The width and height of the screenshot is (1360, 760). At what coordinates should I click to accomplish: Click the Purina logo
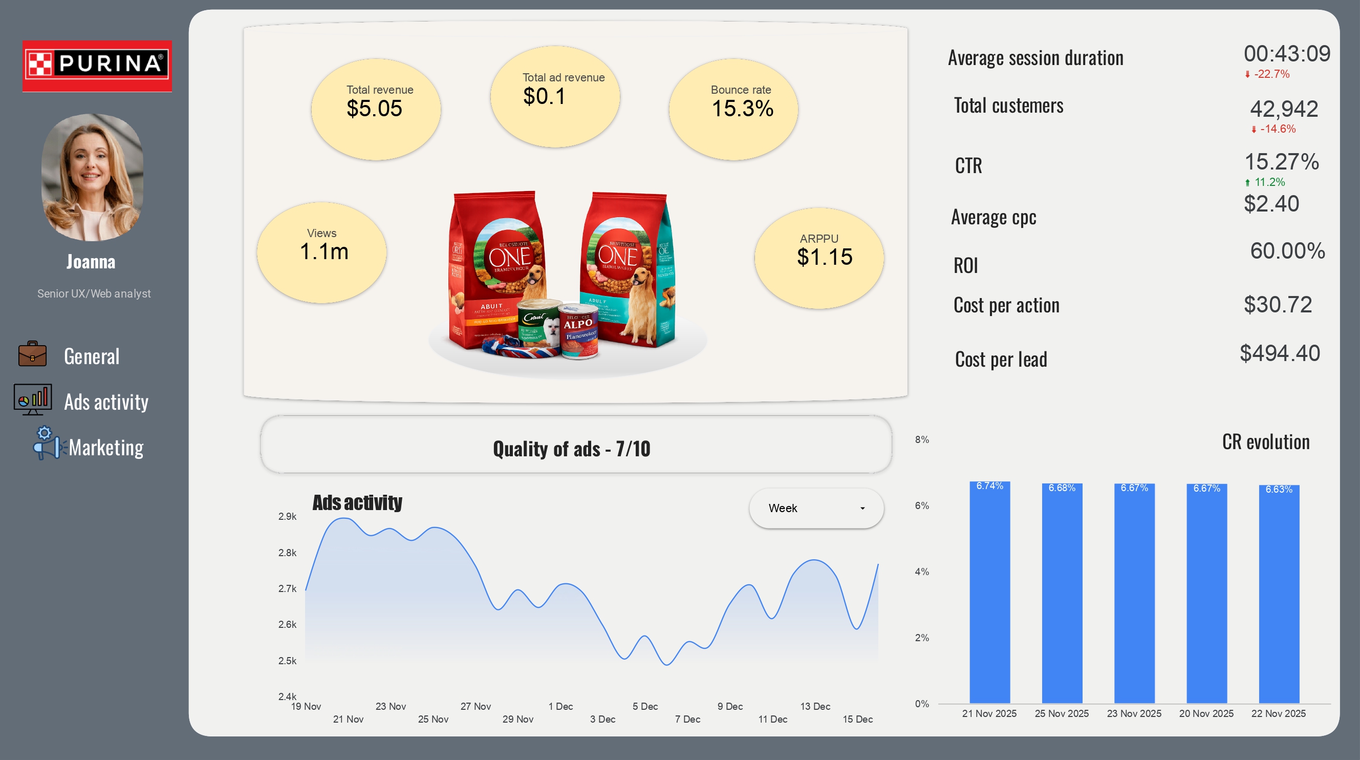(x=97, y=66)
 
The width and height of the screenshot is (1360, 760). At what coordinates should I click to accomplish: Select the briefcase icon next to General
(x=32, y=354)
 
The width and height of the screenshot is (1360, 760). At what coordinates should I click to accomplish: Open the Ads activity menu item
(x=105, y=402)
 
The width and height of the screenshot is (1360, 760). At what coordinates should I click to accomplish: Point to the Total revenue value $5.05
(x=374, y=109)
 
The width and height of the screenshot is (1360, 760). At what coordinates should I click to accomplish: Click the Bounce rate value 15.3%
(x=742, y=109)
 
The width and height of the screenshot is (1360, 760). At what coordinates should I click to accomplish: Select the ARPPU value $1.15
(x=824, y=257)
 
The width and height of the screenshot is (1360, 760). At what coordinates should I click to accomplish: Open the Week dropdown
(x=816, y=508)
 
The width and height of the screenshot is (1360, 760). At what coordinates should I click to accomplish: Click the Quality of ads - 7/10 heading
(x=571, y=449)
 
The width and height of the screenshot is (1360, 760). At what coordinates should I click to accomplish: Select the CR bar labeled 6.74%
(x=989, y=592)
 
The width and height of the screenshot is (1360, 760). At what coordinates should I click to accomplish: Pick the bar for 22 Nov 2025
(x=1279, y=594)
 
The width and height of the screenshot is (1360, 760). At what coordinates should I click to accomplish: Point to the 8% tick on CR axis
(x=922, y=439)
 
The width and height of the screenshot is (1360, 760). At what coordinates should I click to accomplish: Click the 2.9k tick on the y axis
(x=287, y=517)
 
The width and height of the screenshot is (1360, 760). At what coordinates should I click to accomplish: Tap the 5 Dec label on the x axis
(x=644, y=707)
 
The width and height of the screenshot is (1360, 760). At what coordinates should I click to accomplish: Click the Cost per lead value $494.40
(x=1280, y=353)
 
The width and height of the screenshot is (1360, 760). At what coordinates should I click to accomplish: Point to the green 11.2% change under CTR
(x=1269, y=182)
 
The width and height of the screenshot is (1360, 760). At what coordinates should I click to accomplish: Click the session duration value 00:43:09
(x=1287, y=54)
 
